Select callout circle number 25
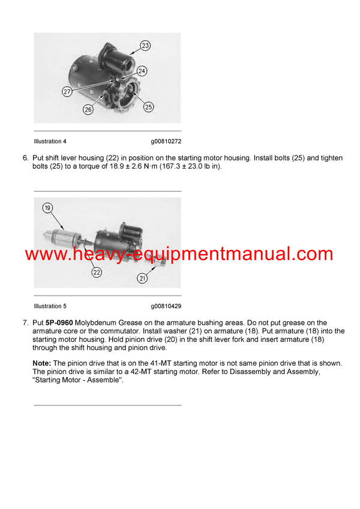(x=148, y=107)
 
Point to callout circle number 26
(x=88, y=109)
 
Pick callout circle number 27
(x=67, y=92)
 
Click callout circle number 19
(x=47, y=209)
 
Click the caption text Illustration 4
(x=50, y=141)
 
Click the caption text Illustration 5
(x=50, y=306)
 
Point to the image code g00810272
(x=166, y=141)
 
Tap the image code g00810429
(x=166, y=306)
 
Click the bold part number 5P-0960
(x=59, y=323)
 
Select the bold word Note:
(x=42, y=363)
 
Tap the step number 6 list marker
(x=25, y=158)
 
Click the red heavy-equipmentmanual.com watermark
(x=179, y=254)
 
